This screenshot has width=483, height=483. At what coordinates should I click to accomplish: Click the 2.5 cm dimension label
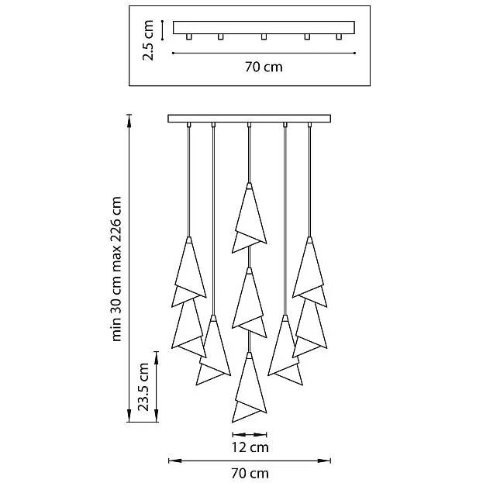coord(148,40)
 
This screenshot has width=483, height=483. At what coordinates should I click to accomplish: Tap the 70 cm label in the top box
coord(264,67)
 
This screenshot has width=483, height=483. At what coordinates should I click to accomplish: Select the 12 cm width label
coord(250,447)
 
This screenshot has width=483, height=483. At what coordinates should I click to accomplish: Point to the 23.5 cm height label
coord(143,387)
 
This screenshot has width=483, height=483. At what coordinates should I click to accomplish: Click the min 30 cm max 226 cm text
coord(116,269)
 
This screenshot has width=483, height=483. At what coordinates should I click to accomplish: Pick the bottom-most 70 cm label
coord(250,473)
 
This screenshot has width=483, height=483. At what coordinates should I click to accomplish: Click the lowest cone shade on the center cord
coord(249,387)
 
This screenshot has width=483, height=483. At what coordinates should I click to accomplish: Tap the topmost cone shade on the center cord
coord(249,218)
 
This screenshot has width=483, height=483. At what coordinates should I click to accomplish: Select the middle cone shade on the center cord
coord(249,302)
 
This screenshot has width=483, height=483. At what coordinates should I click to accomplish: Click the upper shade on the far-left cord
coord(189,271)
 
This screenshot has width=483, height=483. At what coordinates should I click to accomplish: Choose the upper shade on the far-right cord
coord(309,271)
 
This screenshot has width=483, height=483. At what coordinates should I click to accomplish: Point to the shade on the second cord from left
coord(213,350)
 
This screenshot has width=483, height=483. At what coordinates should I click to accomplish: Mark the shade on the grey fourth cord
coord(285,350)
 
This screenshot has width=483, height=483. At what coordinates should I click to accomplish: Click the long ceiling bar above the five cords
coord(249,119)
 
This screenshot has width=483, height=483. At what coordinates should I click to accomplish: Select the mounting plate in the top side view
coord(264,27)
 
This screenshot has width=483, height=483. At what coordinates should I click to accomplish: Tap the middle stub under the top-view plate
coord(264,36)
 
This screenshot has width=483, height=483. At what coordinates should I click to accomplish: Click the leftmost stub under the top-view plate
coord(189,36)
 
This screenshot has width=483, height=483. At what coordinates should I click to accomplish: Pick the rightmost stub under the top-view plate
coord(339,36)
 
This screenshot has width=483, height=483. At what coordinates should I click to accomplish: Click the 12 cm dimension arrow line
coord(250,435)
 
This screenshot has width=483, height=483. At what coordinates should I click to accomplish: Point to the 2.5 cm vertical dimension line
coord(162,30)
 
